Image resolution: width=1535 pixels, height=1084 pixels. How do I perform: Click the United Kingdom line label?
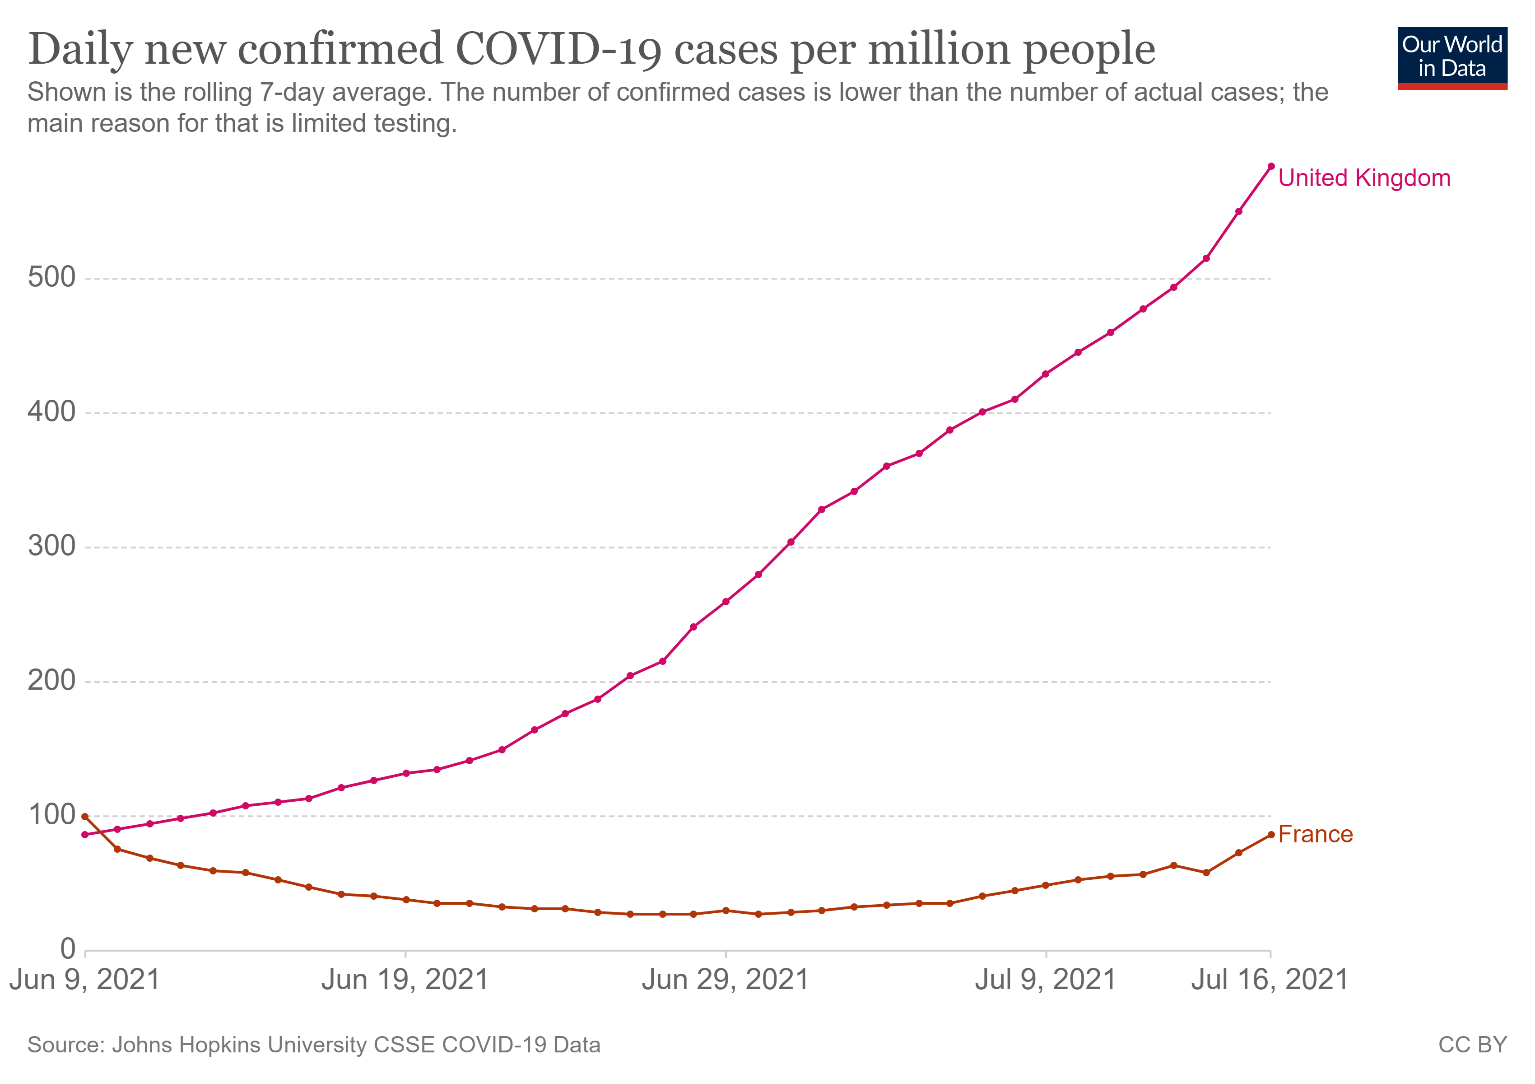click(x=1364, y=178)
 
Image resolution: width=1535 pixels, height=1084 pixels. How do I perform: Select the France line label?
click(x=1315, y=835)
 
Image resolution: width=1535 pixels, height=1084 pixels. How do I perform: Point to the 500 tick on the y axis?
click(x=51, y=277)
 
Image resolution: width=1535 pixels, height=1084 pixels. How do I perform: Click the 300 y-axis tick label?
click(x=51, y=547)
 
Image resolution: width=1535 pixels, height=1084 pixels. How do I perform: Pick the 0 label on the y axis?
click(x=68, y=949)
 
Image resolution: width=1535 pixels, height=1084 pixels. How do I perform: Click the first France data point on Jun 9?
click(x=85, y=817)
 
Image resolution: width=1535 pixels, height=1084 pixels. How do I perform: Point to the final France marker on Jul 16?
click(x=1271, y=835)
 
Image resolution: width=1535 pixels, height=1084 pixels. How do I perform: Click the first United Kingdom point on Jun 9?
click(x=85, y=835)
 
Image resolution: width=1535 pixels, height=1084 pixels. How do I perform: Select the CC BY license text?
click(x=1472, y=1045)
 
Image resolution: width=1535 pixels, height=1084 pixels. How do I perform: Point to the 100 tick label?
click(x=51, y=814)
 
